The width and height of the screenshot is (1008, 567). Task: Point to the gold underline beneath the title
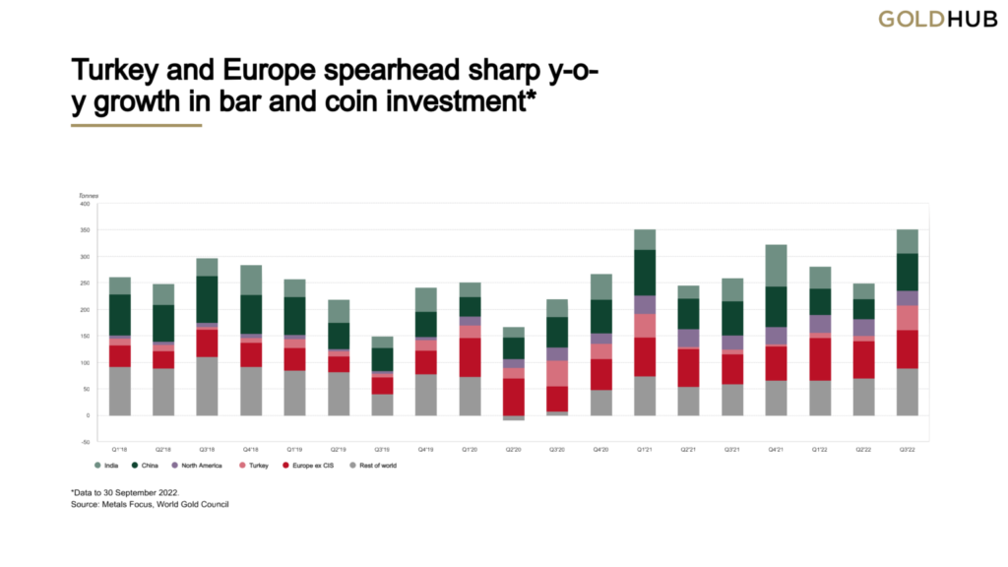coord(137,125)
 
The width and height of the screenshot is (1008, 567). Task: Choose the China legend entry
coord(147,465)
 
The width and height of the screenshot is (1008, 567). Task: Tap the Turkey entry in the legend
coord(255,465)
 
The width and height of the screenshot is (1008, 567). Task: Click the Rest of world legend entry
coord(373,465)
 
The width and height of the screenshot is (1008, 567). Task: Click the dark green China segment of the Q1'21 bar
coord(645,272)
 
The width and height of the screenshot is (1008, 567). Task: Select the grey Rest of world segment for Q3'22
coord(907,392)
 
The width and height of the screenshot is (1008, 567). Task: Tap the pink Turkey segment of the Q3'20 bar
coord(557,373)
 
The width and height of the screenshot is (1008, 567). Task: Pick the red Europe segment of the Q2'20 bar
coord(513,397)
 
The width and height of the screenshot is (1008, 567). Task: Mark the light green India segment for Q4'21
coord(777,264)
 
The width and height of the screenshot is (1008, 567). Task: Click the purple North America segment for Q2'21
coord(688,338)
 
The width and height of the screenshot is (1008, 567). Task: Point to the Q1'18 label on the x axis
coord(120,448)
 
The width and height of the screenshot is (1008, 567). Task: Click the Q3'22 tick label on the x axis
coord(907,448)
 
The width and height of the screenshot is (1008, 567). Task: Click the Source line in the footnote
coord(148,505)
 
